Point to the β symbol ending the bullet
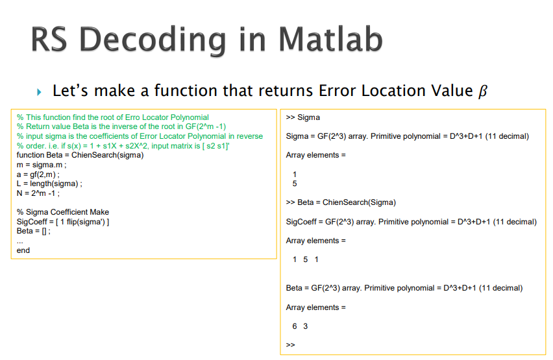pyautogui.click(x=481, y=91)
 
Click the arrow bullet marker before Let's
pyautogui.click(x=39, y=91)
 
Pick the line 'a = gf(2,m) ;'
pyautogui.click(x=38, y=174)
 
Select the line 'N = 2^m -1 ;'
pyautogui.click(x=38, y=193)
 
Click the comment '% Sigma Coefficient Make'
pyautogui.click(x=63, y=212)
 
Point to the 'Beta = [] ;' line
pyautogui.click(x=34, y=231)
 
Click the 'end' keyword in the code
pyautogui.click(x=23, y=250)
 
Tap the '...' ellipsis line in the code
pyautogui.click(x=19, y=241)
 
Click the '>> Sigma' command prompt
pyautogui.click(x=302, y=117)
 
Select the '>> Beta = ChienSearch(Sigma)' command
pyautogui.click(x=340, y=202)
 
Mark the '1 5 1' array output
pyautogui.click(x=305, y=259)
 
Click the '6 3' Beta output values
pyautogui.click(x=301, y=326)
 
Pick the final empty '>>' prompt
pyautogui.click(x=290, y=344)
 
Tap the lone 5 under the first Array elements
pyautogui.click(x=295, y=184)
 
